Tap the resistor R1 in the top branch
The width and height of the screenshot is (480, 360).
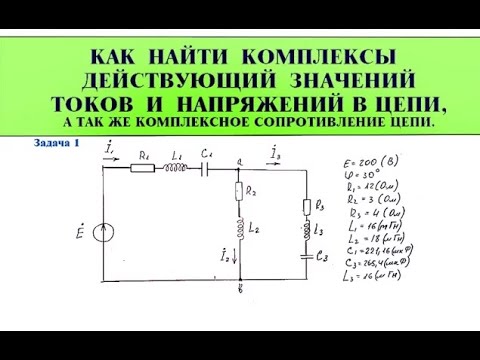click(x=144, y=168)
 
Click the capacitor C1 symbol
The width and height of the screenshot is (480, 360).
click(x=207, y=168)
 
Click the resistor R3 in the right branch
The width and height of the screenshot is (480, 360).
click(x=308, y=206)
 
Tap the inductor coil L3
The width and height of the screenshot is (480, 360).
click(x=308, y=232)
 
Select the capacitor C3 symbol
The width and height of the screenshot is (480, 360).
click(x=308, y=256)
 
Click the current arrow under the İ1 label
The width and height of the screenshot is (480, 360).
click(x=113, y=157)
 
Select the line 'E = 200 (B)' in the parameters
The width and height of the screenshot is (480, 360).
click(x=383, y=161)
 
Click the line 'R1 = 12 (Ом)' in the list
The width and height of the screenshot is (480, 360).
click(x=383, y=187)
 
